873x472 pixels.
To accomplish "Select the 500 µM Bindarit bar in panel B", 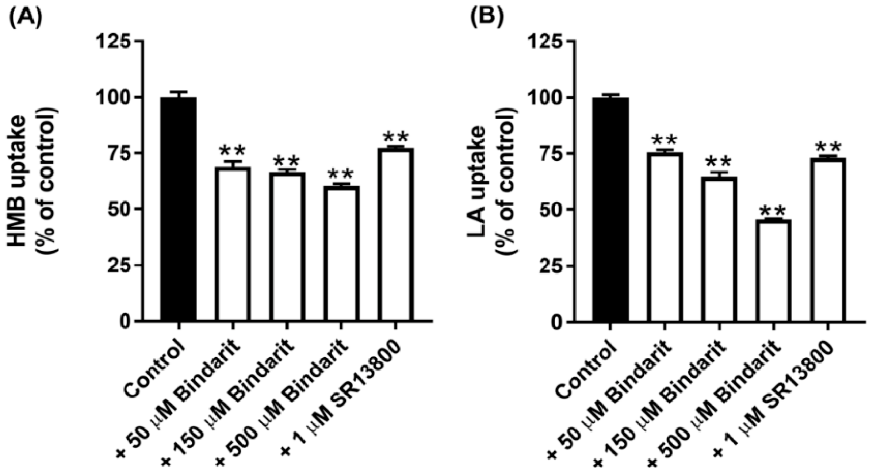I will coord(773,270).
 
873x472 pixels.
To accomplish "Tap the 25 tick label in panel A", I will coord(118,265).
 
